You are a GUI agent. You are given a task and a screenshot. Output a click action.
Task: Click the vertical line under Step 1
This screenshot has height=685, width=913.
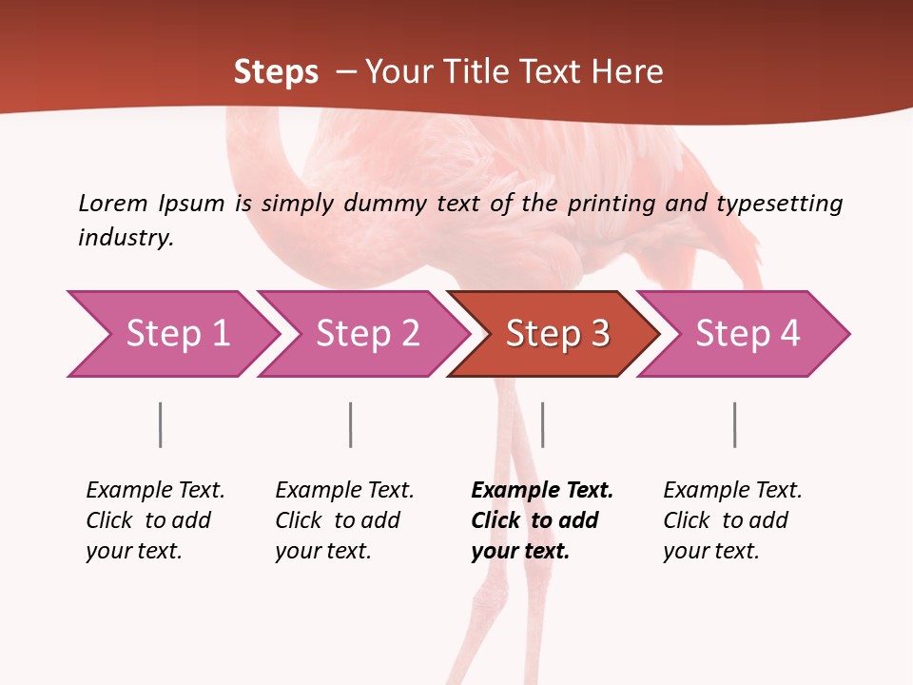161,424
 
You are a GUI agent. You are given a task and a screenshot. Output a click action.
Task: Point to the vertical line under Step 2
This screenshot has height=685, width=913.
351,424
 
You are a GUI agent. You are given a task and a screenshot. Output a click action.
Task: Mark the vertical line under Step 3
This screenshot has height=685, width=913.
543,424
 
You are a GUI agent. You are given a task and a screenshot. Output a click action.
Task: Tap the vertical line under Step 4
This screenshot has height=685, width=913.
735,424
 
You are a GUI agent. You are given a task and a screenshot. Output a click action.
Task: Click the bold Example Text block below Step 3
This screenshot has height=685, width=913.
541,520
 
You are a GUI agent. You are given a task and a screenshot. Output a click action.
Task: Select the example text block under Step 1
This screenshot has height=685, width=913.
155,520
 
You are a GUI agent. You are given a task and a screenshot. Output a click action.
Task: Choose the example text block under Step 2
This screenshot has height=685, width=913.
344,520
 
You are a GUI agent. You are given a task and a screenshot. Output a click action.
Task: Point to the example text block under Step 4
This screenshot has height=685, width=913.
732,520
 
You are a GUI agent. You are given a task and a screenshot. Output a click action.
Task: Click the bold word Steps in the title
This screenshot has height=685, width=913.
276,72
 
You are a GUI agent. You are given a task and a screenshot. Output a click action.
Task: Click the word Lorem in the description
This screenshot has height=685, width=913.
113,203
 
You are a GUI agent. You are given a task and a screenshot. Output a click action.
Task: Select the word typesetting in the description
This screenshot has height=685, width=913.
779,203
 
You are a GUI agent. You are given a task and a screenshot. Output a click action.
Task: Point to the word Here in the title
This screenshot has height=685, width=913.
628,72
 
